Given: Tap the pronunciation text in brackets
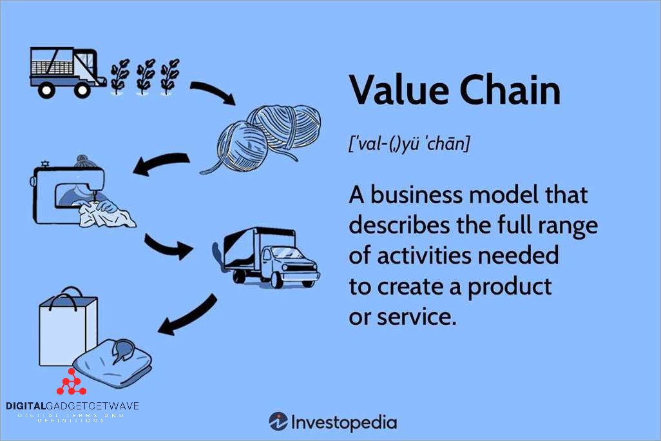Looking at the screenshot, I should point(409,144).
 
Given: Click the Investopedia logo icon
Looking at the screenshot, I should point(278,422).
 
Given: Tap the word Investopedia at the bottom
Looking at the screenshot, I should point(344,422).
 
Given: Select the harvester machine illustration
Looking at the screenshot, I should point(67,71).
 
